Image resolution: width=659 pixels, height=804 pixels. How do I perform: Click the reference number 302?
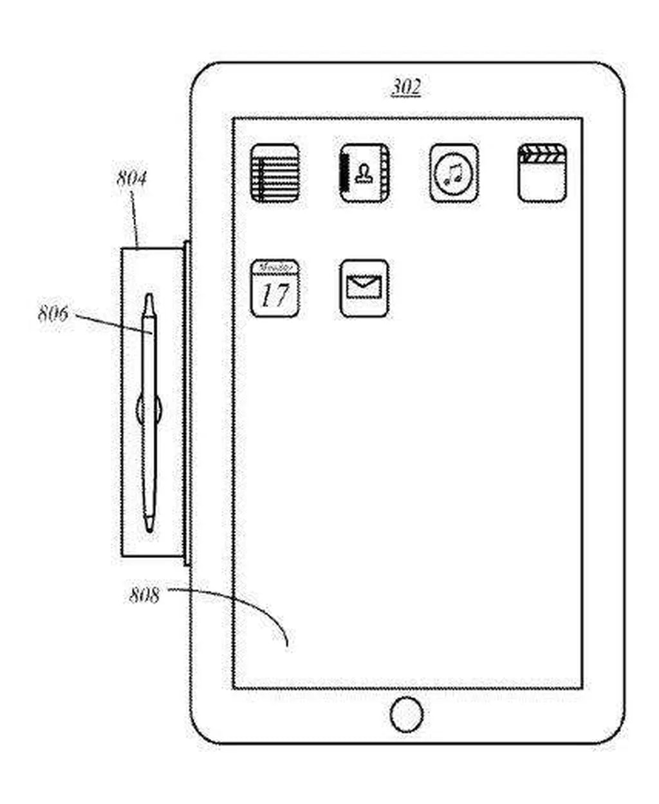406,87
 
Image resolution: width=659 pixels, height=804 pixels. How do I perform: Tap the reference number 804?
131,178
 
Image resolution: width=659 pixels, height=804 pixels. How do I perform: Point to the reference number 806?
53,314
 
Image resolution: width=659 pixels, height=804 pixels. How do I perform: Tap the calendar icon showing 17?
275,288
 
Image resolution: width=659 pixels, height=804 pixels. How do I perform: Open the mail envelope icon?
364,288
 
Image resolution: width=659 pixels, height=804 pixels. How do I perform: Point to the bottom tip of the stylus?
149,529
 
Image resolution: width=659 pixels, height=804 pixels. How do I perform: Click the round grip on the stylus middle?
149,409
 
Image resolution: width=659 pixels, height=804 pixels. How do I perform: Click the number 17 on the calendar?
275,295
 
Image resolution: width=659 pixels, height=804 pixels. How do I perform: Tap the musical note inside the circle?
454,173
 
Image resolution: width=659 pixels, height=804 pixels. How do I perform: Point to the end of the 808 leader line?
286,644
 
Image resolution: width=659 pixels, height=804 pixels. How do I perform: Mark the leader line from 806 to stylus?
113,323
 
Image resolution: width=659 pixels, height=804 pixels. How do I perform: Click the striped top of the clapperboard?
543,154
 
